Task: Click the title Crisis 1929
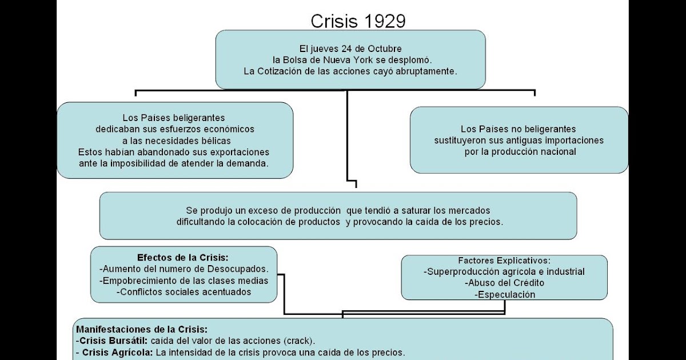(x=358, y=21)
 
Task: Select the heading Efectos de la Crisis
(x=183, y=257)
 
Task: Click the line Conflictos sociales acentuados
(x=184, y=291)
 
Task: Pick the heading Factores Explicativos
(x=504, y=261)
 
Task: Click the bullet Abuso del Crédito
(x=504, y=283)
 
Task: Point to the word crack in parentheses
(x=300, y=341)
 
